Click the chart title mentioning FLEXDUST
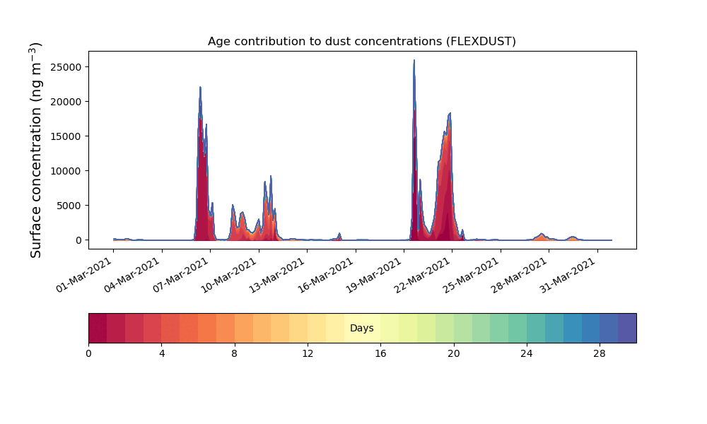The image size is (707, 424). tap(361, 42)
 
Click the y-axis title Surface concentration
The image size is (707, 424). tap(36, 150)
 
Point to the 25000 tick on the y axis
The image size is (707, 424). tap(66, 67)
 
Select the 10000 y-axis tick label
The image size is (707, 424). tap(66, 171)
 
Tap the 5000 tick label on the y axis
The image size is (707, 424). tap(69, 206)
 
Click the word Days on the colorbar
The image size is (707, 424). tap(361, 328)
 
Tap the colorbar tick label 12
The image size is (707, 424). tap(308, 354)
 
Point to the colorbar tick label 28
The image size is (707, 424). tap(600, 354)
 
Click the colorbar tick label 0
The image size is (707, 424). tap(88, 354)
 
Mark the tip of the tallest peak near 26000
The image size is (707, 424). tap(414, 60)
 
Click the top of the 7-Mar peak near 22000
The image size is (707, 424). tap(200, 88)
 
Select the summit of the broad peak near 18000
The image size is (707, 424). tap(450, 113)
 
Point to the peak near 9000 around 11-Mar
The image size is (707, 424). tap(271, 176)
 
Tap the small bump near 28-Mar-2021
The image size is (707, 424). tap(542, 234)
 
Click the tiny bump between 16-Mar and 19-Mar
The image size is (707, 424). tap(339, 233)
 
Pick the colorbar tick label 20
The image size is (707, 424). tap(454, 354)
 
